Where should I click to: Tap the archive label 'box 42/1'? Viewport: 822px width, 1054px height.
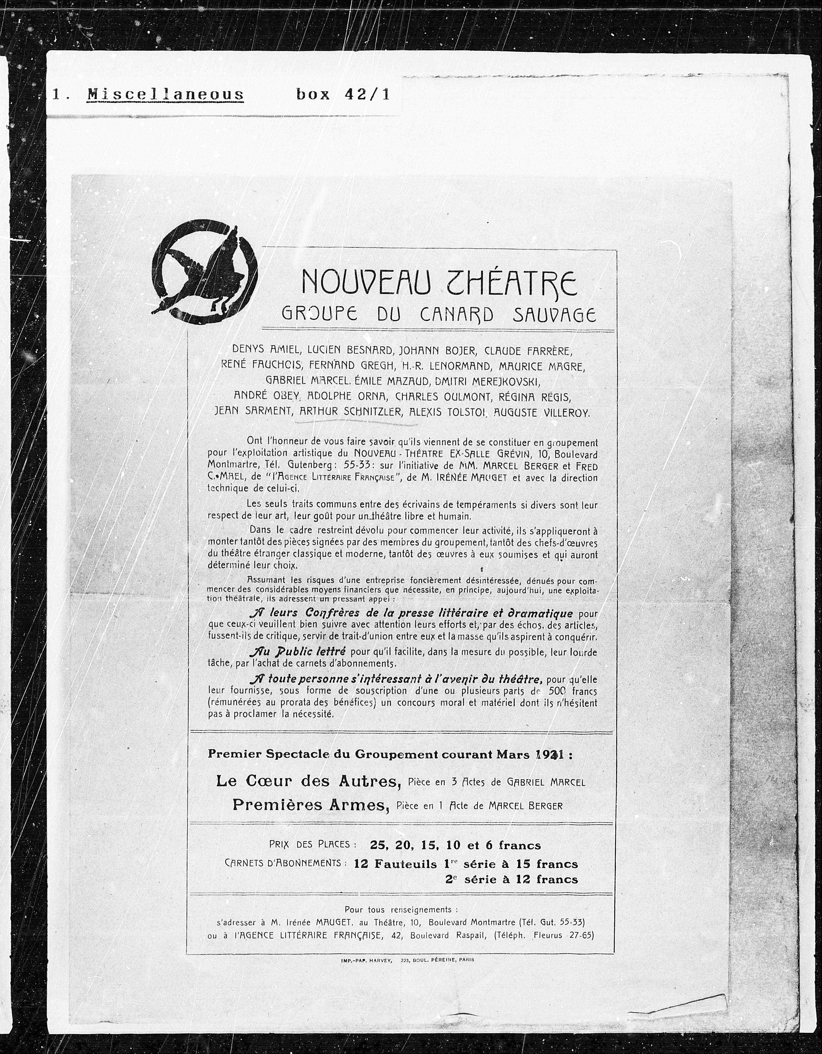click(343, 94)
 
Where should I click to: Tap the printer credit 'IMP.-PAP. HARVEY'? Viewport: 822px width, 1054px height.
click(367, 960)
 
